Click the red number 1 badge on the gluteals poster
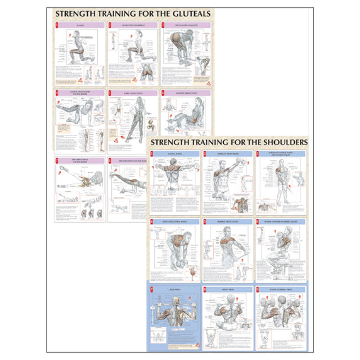click(57, 25)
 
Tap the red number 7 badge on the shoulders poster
click(153, 288)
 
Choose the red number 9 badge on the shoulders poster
click(258, 288)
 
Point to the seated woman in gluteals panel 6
click(186, 115)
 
